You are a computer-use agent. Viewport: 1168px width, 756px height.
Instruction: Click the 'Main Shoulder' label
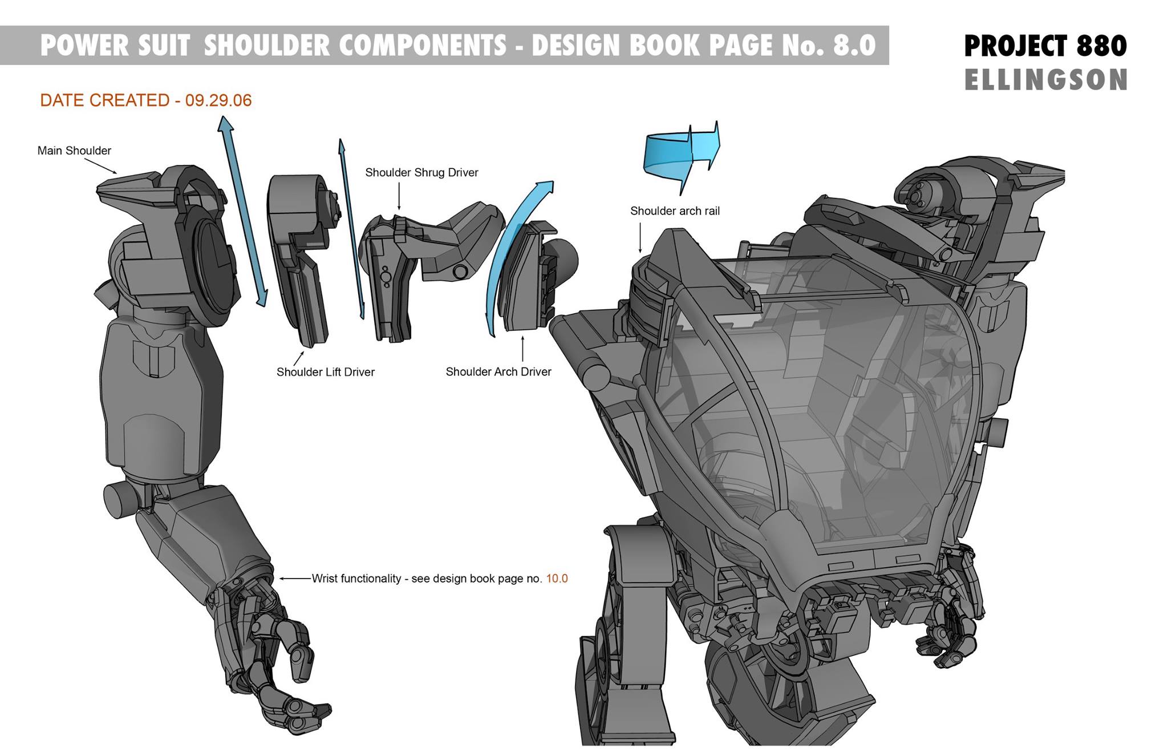coord(74,151)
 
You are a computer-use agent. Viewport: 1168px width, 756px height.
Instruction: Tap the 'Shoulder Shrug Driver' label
coord(421,172)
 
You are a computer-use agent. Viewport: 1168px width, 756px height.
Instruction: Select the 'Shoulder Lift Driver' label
coord(325,372)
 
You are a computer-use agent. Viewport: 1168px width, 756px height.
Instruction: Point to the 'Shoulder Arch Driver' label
coord(498,372)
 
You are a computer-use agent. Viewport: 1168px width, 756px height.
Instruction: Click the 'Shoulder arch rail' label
coord(675,211)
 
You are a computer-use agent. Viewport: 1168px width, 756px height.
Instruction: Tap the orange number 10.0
coord(557,579)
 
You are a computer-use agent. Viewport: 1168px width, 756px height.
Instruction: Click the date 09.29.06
coord(218,100)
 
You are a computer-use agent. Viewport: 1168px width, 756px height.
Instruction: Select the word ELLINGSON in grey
coord(1046,80)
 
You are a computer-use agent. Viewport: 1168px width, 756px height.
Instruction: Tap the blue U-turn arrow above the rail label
coord(682,154)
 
